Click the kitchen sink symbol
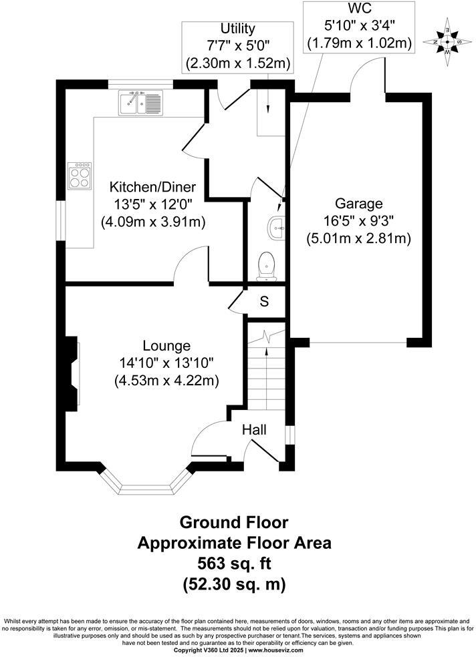[x=140, y=102]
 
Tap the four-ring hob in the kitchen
[x=80, y=176]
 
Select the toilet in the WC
[x=267, y=265]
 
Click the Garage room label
[x=358, y=204]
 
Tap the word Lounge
[x=166, y=346]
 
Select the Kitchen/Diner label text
[x=152, y=187]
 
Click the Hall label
[x=254, y=430]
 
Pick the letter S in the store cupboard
[x=264, y=302]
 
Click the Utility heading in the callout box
[x=238, y=29]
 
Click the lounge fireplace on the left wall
[x=72, y=373]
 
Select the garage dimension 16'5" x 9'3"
[x=358, y=221]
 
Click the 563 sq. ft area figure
[x=234, y=563]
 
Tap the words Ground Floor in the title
[x=234, y=521]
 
